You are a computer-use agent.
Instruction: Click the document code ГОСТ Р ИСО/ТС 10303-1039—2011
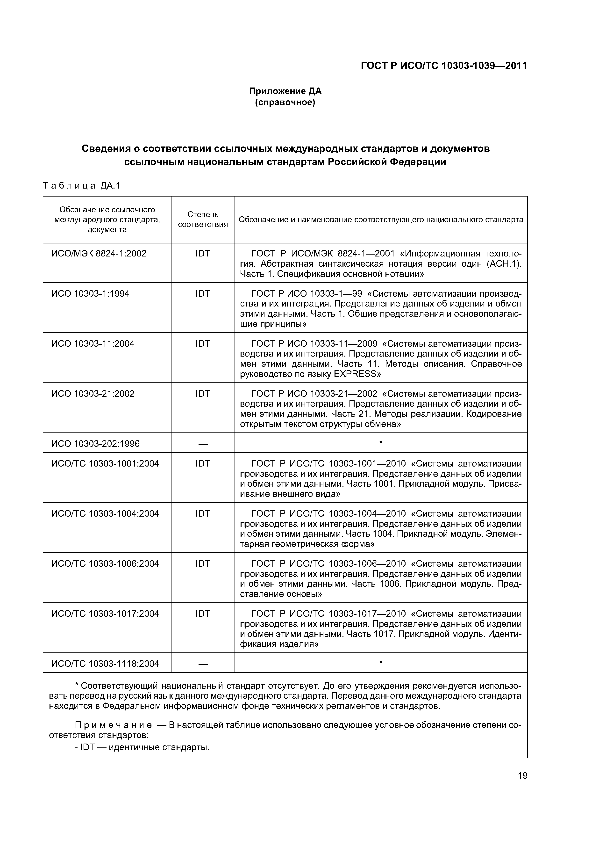pos(444,66)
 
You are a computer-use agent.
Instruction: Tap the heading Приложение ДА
pos(285,91)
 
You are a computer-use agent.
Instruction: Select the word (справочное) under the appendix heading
pos(285,102)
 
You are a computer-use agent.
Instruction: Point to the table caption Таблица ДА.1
pos(82,186)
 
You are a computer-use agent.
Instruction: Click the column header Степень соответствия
pos(203,219)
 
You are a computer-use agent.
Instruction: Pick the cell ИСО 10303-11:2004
pos(93,344)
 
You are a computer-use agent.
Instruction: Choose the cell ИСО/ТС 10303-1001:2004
pos(105,463)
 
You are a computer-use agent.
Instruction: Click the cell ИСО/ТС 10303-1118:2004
pos(105,664)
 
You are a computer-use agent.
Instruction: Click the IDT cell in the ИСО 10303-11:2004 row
pos(203,344)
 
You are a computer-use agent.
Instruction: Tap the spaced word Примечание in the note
pos(113,725)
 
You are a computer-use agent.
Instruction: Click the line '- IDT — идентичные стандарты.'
pos(142,747)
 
